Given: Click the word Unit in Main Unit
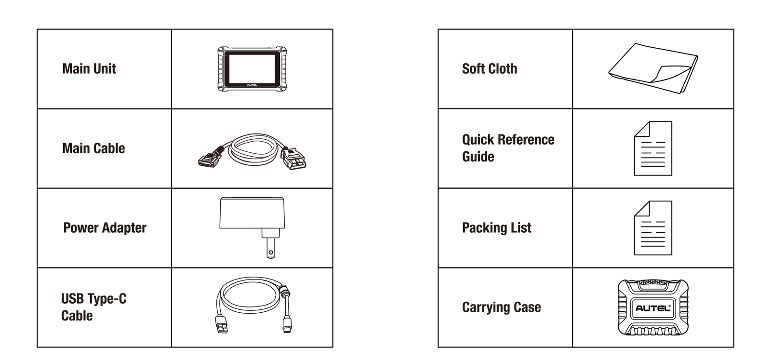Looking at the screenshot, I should point(103,69).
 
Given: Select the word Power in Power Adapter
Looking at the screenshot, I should point(81,228).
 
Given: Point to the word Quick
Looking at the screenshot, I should point(478,140).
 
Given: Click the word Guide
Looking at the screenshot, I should point(478,157).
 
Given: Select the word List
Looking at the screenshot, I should point(521,228).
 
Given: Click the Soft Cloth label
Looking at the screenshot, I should point(489,69).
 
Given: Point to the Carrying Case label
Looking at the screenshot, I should point(501,307).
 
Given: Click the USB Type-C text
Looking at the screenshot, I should point(93,299).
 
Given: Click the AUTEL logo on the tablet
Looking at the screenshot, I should point(252,85).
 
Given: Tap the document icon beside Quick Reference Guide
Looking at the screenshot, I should point(653,148).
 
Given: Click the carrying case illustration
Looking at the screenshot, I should point(653,307).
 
